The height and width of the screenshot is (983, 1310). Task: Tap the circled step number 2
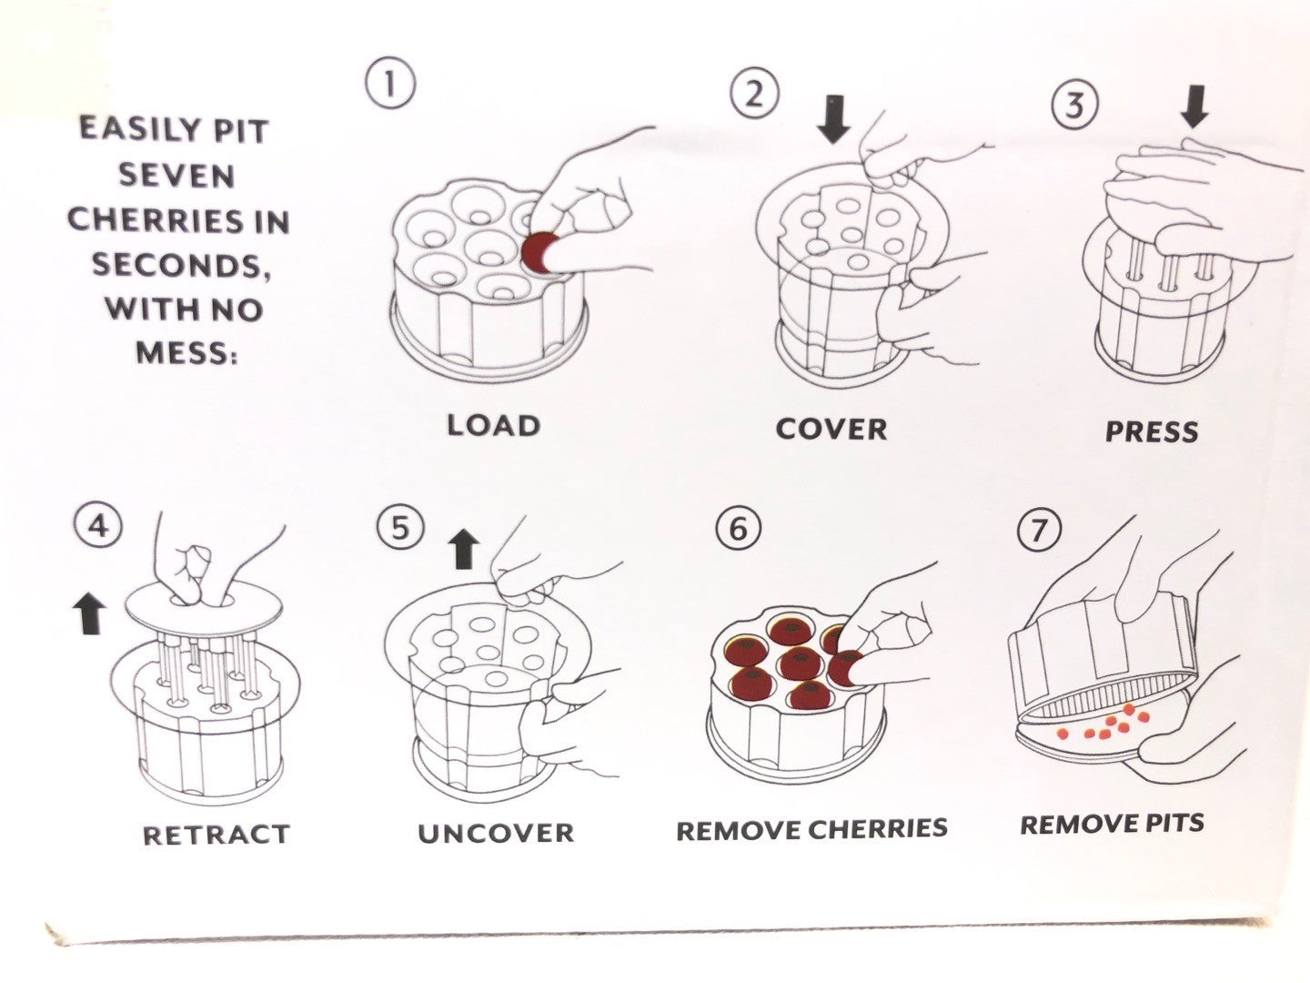click(x=754, y=94)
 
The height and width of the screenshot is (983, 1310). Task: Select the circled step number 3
click(x=1074, y=105)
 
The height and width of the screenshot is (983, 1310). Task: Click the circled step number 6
click(x=737, y=529)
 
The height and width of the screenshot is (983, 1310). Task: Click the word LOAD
click(x=494, y=425)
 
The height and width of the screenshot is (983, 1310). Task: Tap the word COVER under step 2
click(x=831, y=429)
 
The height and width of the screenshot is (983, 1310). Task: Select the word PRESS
click(x=1152, y=431)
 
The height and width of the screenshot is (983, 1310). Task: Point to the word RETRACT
click(x=217, y=835)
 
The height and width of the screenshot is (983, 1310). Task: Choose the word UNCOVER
click(x=497, y=833)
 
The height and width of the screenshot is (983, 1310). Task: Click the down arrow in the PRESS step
click(x=1194, y=109)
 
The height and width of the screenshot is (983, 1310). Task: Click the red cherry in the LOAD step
click(x=540, y=251)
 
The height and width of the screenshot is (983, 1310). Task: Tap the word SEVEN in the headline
click(x=176, y=175)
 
